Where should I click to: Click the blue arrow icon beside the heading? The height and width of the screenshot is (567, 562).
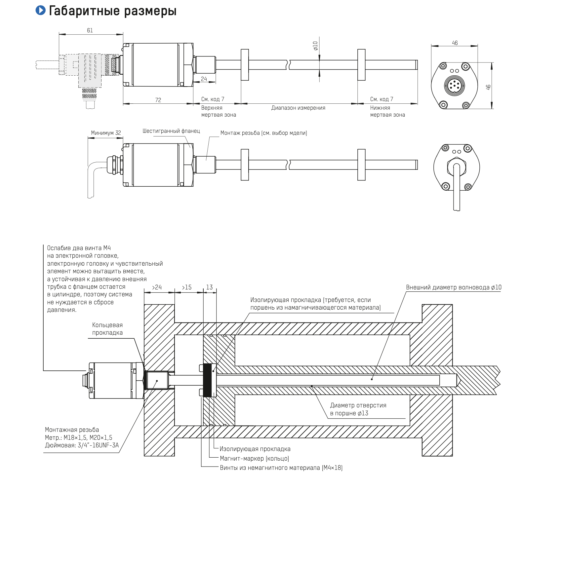click(41, 10)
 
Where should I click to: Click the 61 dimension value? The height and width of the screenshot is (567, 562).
click(90, 30)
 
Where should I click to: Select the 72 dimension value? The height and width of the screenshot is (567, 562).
click(158, 100)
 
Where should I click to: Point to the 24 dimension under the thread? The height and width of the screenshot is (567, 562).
click(204, 79)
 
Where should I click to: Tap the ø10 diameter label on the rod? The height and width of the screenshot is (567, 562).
click(315, 46)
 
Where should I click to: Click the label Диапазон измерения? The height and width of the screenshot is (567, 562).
click(298, 108)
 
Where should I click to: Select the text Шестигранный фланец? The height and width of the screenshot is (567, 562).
click(171, 131)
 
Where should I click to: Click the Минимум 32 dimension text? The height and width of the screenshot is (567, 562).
click(106, 133)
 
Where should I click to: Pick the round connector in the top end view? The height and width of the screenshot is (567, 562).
click(455, 85)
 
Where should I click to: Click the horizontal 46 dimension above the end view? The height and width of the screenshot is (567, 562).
click(455, 43)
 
